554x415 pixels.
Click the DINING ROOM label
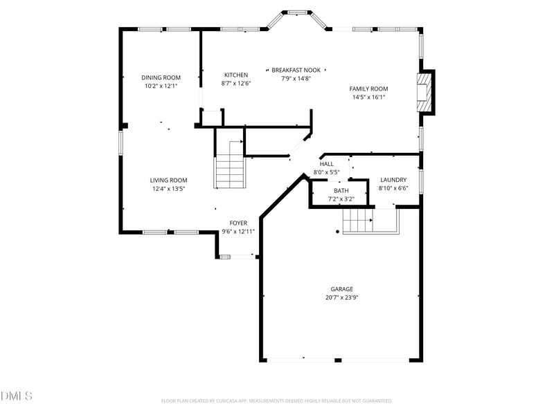click(161, 77)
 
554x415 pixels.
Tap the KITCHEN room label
click(235, 75)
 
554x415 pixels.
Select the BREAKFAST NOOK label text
click(296, 70)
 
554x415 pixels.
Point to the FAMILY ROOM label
click(368, 89)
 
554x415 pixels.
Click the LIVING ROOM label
click(169, 180)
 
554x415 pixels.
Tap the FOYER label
click(238, 223)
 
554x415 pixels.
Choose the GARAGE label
click(341, 289)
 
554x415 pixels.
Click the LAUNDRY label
click(393, 180)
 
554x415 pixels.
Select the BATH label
click(341, 190)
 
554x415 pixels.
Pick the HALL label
click(326, 164)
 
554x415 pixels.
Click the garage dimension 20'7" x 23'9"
click(341, 297)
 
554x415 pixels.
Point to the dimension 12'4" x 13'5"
click(169, 188)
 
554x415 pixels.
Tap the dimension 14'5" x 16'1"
click(368, 97)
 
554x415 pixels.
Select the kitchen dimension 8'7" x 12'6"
click(235, 83)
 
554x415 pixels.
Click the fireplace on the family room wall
click(424, 92)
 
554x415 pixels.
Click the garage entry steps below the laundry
click(358, 221)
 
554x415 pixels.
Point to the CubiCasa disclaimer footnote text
click(277, 400)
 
